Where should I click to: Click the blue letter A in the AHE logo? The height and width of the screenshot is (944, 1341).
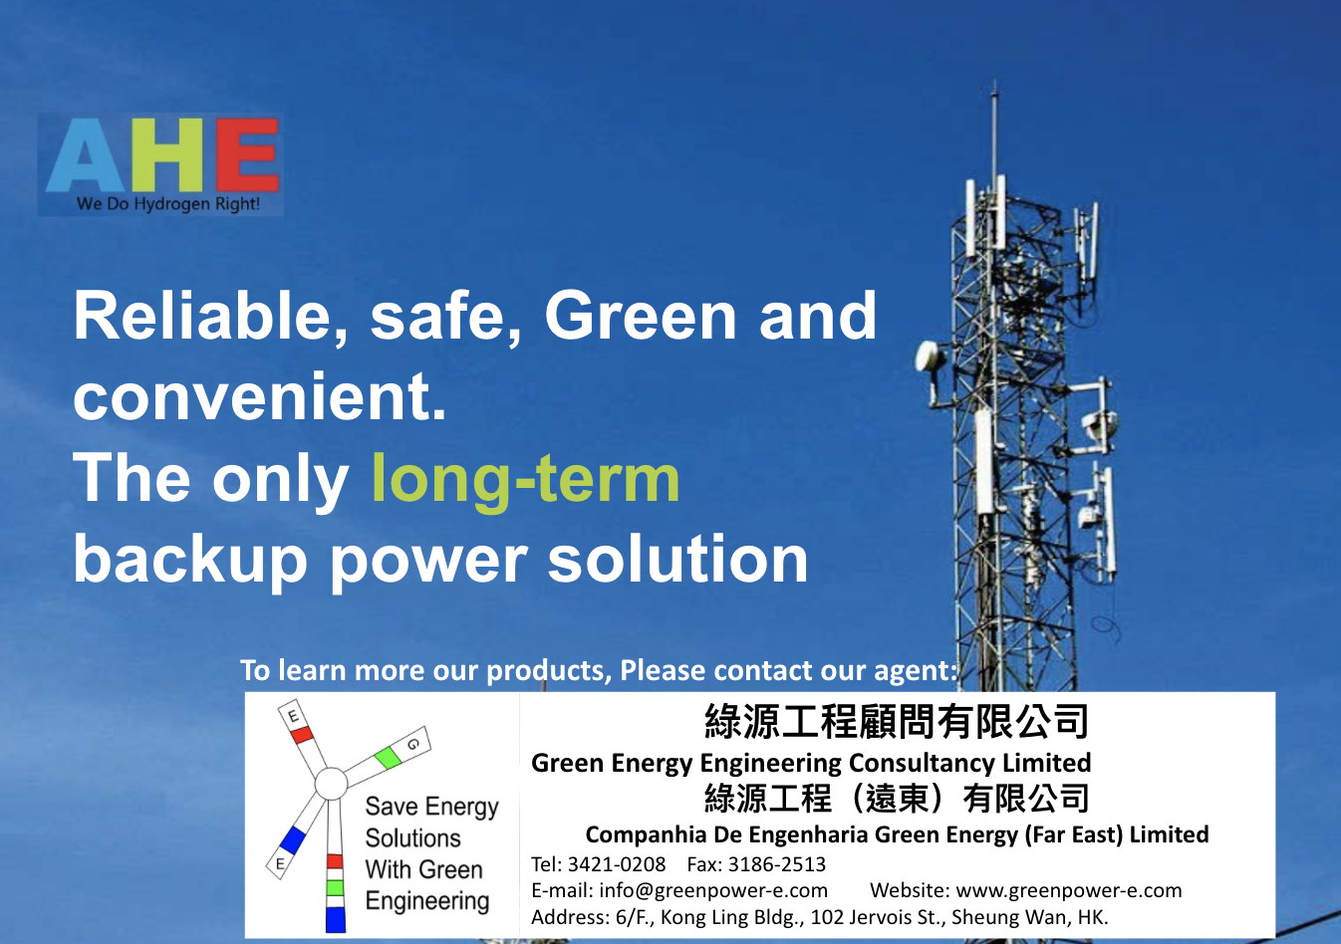(85, 155)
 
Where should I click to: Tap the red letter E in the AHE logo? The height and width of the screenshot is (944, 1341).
(247, 154)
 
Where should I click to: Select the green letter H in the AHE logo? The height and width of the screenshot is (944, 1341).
(167, 154)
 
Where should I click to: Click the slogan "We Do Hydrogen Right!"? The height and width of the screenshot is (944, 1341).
(168, 204)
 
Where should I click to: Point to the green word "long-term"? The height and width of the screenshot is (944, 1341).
(526, 479)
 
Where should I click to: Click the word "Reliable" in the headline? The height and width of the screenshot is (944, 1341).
(202, 316)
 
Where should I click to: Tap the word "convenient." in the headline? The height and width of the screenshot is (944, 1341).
(260, 397)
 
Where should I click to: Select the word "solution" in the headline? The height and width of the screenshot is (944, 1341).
(678, 559)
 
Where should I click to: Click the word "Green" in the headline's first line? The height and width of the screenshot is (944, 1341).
(641, 316)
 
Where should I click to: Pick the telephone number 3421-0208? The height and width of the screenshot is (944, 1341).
(616, 864)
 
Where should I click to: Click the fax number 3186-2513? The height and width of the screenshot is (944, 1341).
(776, 864)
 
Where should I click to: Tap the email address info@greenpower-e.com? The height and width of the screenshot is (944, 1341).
(713, 891)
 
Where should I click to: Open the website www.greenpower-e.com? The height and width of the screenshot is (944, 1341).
(1069, 891)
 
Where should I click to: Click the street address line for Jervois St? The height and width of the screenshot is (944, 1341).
(820, 917)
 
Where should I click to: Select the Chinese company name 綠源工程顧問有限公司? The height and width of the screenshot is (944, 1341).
(897, 722)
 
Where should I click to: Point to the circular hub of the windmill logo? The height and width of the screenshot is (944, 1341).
(331, 784)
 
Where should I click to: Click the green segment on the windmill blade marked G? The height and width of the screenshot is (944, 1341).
(388, 758)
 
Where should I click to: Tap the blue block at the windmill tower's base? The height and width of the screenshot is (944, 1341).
(336, 919)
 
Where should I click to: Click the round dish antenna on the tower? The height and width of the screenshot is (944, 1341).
(930, 357)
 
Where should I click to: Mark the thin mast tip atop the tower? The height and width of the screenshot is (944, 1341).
(993, 84)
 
